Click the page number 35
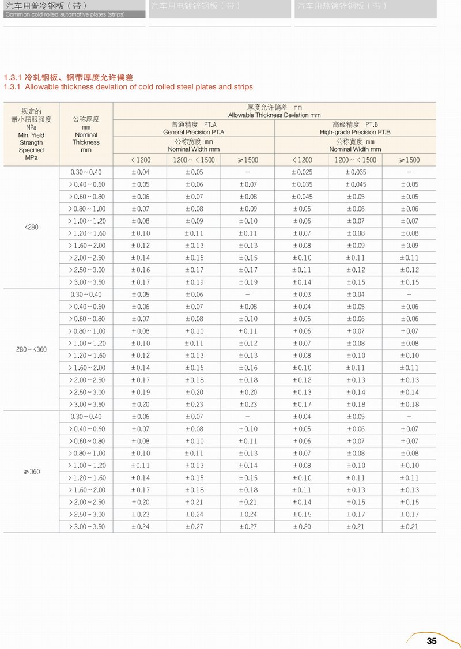coord(432,640)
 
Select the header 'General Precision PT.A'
coord(194,132)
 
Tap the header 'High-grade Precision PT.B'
coord(355,132)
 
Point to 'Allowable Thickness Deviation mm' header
coord(274,115)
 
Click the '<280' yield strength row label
coord(32,227)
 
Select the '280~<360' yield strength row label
coord(32,349)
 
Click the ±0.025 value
coord(301,172)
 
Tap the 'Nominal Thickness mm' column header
coord(86,138)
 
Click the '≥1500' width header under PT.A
coord(248,160)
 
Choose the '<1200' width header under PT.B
coord(301,160)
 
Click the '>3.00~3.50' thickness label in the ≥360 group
coord(87,526)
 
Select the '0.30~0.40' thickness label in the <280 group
coord(86,172)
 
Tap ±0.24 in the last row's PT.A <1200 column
coord(140,526)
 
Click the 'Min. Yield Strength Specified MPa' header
coord(31,142)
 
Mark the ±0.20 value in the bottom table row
coord(301,526)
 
